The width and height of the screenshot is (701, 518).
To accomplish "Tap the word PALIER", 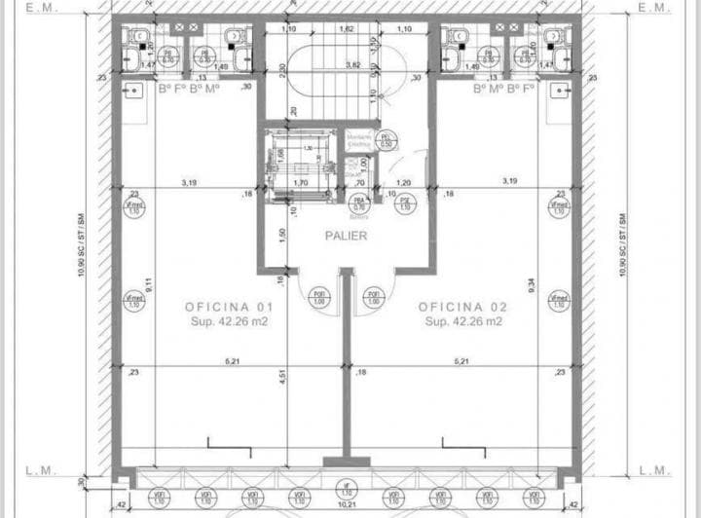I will pyautogui.click(x=346, y=236).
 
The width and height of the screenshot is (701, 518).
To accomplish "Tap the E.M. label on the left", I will pyautogui.click(x=42, y=8).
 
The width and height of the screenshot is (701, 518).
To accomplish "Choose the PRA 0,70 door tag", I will pyautogui.click(x=358, y=202).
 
